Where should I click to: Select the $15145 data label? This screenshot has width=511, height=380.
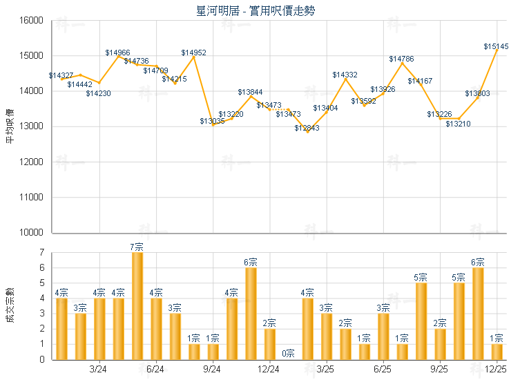tap(496, 46)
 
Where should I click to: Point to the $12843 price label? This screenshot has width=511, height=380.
tap(307, 129)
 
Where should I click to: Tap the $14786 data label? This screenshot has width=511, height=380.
tap(401, 59)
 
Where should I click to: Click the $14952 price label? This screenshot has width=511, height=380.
tap(193, 53)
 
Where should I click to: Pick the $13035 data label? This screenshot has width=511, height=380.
tap(212, 121)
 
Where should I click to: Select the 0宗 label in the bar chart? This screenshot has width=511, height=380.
tap(289, 353)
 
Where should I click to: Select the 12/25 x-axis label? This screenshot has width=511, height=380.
tap(496, 370)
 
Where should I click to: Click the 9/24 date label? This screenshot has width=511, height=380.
tap(212, 370)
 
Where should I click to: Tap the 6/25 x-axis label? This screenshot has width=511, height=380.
tap(383, 370)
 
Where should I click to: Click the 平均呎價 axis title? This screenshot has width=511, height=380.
tap(10, 126)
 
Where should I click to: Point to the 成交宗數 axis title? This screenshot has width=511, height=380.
tap(10, 305)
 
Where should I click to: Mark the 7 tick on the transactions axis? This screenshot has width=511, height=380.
tap(41, 253)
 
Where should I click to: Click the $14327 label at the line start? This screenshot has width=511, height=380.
tap(61, 75)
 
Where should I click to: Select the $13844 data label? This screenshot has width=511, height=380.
tap(250, 92)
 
